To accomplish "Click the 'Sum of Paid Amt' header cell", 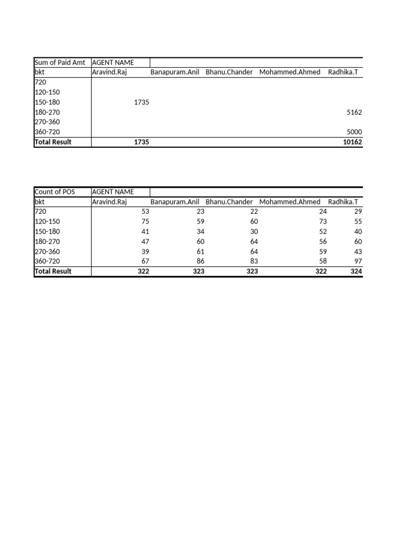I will [x=59, y=62].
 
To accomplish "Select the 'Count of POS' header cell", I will [x=55, y=192].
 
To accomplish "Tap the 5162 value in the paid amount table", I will [x=354, y=113].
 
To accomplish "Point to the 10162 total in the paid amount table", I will [x=353, y=142].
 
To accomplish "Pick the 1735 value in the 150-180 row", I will [x=142, y=102].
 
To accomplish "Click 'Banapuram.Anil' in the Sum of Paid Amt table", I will [x=175, y=72].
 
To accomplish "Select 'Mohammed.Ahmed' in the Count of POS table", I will [x=290, y=202].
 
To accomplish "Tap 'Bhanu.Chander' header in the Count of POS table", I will [x=229, y=202].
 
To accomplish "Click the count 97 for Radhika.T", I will [x=358, y=261].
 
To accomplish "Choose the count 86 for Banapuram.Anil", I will [x=200, y=261].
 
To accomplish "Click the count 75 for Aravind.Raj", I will [x=145, y=222].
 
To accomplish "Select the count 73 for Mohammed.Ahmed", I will [x=323, y=222].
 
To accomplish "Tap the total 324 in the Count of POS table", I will [x=356, y=271].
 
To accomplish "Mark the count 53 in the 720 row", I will [x=145, y=212].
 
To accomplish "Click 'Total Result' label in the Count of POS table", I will [x=53, y=271].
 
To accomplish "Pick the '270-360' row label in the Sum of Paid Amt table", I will [x=47, y=122].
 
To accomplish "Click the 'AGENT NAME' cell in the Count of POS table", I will [x=113, y=192].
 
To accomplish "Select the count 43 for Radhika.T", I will [x=358, y=252].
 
